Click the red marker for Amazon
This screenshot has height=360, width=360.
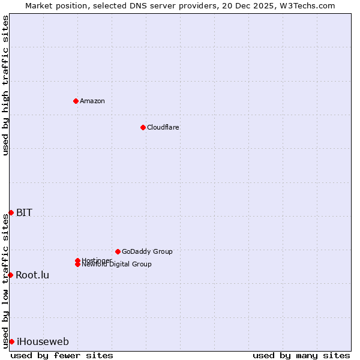(x=76, y=101)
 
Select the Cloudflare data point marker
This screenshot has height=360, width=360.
(x=143, y=127)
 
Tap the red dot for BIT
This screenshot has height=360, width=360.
(x=11, y=212)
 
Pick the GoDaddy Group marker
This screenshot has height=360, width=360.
(x=118, y=251)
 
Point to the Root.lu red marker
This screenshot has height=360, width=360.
(x=10, y=275)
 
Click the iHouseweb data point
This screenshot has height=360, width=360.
(x=11, y=341)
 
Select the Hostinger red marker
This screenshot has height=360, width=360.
(x=77, y=260)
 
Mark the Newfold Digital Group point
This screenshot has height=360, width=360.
(x=77, y=265)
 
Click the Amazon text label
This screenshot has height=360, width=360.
(x=92, y=101)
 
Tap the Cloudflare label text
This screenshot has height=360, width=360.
(x=163, y=127)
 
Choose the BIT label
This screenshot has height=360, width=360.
(x=24, y=212)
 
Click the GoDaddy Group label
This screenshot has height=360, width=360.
(x=147, y=251)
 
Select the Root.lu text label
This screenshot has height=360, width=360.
(x=32, y=275)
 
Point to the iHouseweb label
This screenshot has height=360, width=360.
(x=43, y=342)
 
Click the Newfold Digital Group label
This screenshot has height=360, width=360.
(x=117, y=265)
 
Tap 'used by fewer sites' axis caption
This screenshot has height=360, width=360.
(x=62, y=355)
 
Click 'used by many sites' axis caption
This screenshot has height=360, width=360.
(x=301, y=355)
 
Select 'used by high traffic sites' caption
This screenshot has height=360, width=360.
(x=5, y=85)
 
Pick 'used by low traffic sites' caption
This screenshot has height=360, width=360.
(x=5, y=280)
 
